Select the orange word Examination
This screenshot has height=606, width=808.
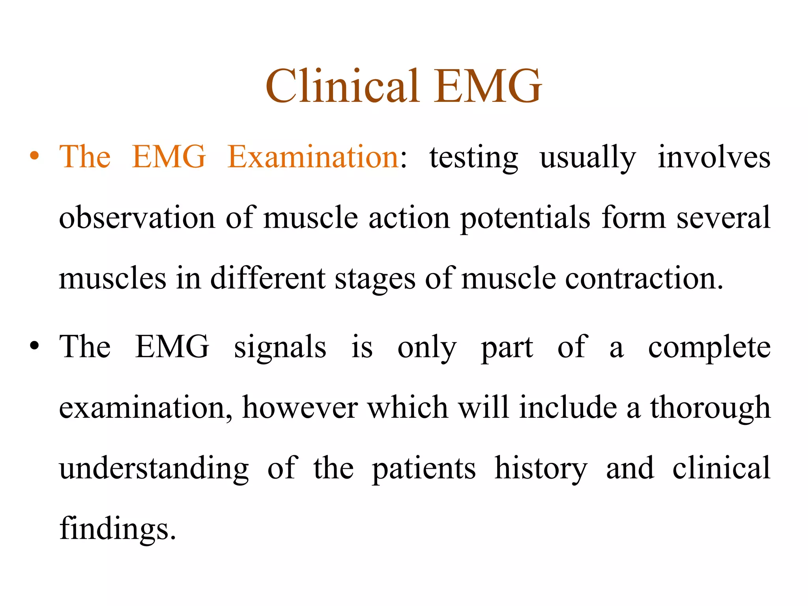(314, 157)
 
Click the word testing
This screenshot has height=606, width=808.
(473, 158)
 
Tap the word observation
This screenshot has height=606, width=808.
(137, 218)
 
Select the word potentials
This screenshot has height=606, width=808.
(525, 219)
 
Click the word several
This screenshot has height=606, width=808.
(723, 218)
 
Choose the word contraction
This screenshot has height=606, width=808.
(644, 279)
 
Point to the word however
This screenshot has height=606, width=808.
(300, 408)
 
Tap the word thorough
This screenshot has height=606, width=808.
(710, 408)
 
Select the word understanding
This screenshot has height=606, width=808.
(154, 469)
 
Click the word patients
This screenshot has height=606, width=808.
(424, 469)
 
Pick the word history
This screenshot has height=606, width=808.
(541, 469)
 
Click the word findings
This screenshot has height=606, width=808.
(117, 529)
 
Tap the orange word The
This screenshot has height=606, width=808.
(85, 157)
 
